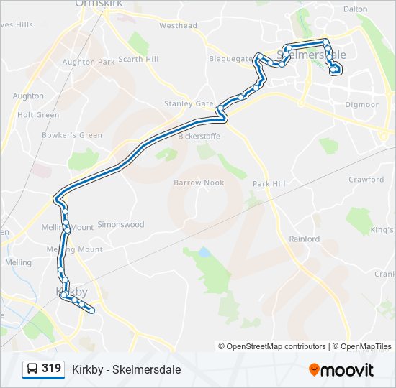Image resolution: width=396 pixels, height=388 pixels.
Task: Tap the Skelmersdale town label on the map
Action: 311,54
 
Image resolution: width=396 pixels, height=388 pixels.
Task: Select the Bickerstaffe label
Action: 199,136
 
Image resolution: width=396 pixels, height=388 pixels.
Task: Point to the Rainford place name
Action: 304,239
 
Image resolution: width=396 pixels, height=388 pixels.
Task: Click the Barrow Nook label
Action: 199,183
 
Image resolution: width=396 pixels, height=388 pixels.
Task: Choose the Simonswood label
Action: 120,224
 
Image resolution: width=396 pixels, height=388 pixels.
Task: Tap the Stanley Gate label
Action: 189,103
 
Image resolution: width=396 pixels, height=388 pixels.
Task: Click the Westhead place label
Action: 178,26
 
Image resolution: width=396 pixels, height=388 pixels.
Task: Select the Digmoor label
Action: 361,105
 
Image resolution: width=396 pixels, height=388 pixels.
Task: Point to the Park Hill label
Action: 269,184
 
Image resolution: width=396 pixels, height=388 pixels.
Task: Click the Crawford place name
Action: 366,180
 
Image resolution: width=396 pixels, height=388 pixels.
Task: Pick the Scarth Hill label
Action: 138,59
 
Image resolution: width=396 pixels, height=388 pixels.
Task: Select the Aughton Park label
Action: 89,63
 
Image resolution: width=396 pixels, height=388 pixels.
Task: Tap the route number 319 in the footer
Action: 51,369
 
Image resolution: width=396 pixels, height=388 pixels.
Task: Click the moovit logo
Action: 341,370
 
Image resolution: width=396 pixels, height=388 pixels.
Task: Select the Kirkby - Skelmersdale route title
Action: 126,369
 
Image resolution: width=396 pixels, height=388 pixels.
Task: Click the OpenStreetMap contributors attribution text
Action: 276,346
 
